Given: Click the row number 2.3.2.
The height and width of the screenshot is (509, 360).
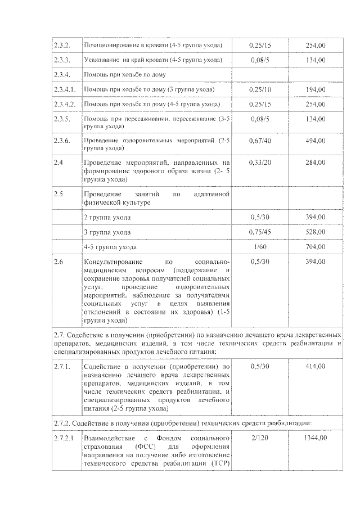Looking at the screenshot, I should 61,44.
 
